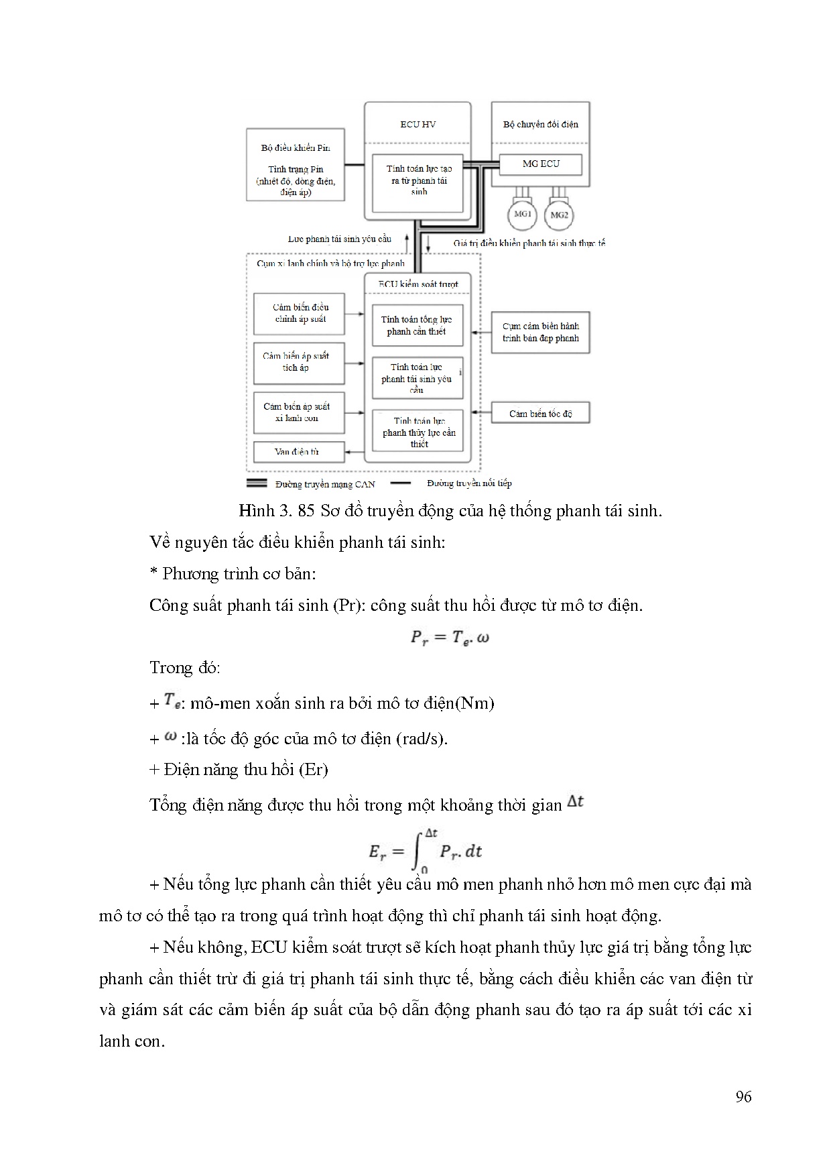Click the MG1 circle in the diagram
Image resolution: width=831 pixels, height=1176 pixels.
tap(522, 215)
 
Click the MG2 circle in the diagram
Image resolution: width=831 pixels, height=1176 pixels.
tap(559, 215)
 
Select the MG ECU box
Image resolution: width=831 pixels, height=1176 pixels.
tap(541, 164)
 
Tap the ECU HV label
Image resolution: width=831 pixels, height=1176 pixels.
tap(418, 124)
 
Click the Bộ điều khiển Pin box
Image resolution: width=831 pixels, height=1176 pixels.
tap(296, 165)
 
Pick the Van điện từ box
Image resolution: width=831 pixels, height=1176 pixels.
tap(298, 451)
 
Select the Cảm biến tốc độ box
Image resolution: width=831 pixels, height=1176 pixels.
tap(540, 414)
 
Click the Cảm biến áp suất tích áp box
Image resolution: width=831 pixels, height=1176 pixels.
tap(298, 362)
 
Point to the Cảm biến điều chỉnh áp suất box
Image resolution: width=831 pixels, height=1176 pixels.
tap(298, 313)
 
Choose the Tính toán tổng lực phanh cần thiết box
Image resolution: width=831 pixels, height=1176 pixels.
tap(417, 326)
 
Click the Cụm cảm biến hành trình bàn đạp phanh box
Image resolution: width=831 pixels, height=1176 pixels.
tap(540, 332)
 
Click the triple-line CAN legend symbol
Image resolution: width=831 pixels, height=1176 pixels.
tap(258, 483)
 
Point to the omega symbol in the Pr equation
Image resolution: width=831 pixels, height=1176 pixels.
tap(483, 637)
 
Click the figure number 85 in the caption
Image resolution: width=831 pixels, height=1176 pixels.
tap(306, 511)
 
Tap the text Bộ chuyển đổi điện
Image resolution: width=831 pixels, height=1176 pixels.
tap(540, 124)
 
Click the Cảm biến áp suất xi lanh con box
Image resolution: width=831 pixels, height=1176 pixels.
tap(298, 412)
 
